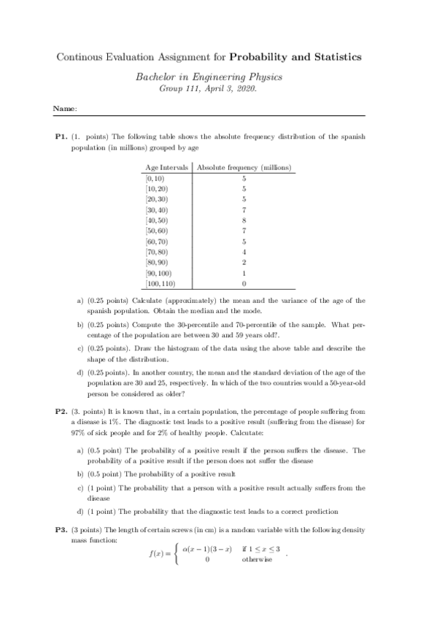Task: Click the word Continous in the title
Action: click(77, 57)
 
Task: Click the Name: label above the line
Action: click(65, 109)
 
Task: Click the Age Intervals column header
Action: click(167, 167)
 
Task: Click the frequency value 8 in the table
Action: click(244, 220)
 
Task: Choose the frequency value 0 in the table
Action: click(244, 282)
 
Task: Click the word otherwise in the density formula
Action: click(258, 560)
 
